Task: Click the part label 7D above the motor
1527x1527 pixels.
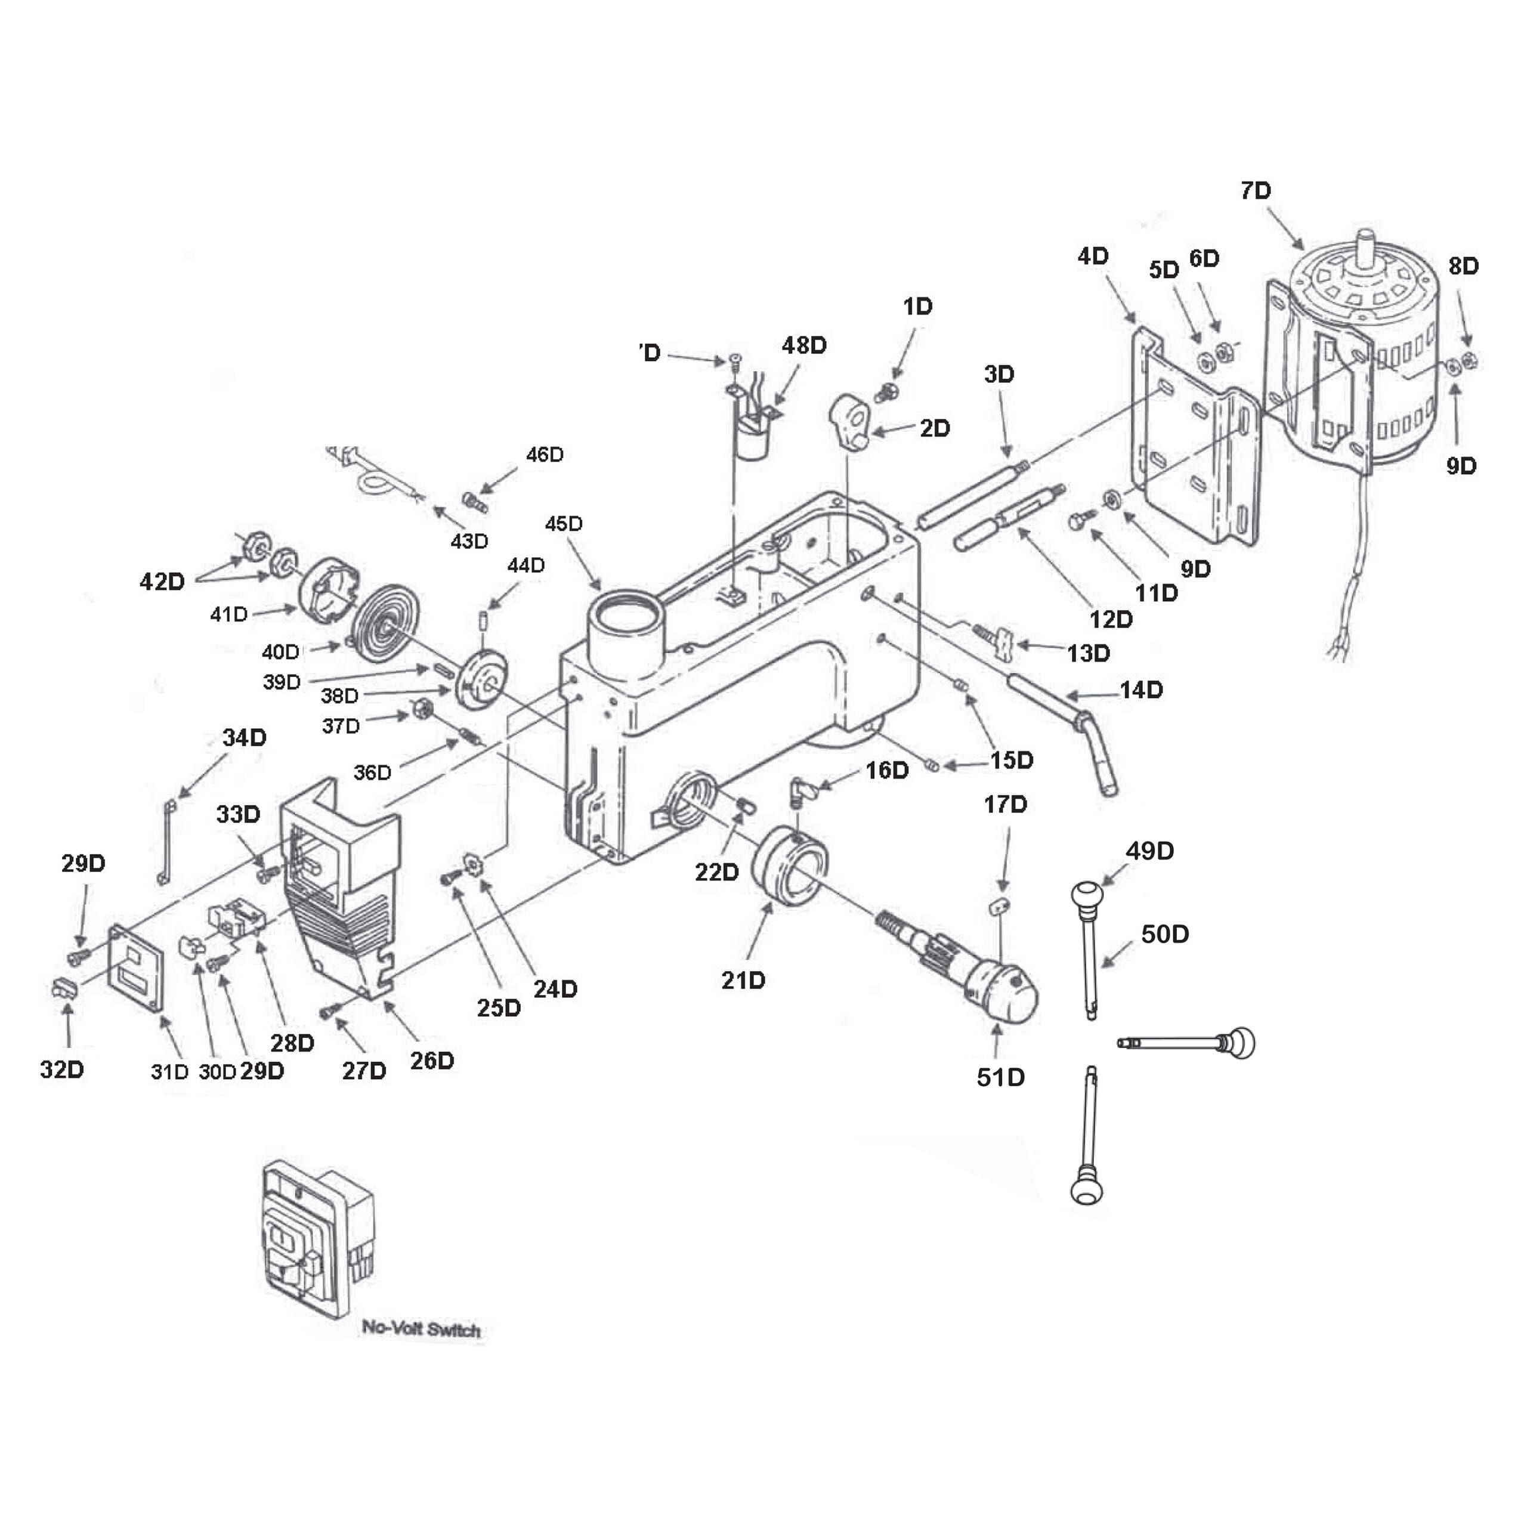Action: click(x=1255, y=190)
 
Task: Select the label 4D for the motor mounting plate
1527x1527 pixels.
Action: click(x=1093, y=256)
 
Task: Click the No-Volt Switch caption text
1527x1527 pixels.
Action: click(x=421, y=1328)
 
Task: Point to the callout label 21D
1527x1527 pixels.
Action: click(x=743, y=981)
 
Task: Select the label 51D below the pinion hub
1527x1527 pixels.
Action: click(x=1001, y=1077)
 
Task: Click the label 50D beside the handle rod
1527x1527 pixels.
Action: click(x=1165, y=934)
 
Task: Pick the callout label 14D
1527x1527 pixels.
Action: click(x=1141, y=690)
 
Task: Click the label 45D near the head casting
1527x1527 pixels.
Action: click(x=564, y=524)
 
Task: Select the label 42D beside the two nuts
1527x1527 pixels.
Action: click(x=162, y=582)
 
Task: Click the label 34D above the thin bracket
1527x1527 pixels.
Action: click(x=244, y=737)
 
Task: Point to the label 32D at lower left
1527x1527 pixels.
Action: click(x=61, y=1069)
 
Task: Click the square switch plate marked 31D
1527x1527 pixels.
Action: click(x=136, y=968)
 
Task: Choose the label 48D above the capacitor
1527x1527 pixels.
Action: click(x=804, y=345)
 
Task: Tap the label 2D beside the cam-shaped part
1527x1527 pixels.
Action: click(x=934, y=428)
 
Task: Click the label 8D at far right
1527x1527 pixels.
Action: click(x=1463, y=267)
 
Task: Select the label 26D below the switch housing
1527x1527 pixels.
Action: click(x=431, y=1061)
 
